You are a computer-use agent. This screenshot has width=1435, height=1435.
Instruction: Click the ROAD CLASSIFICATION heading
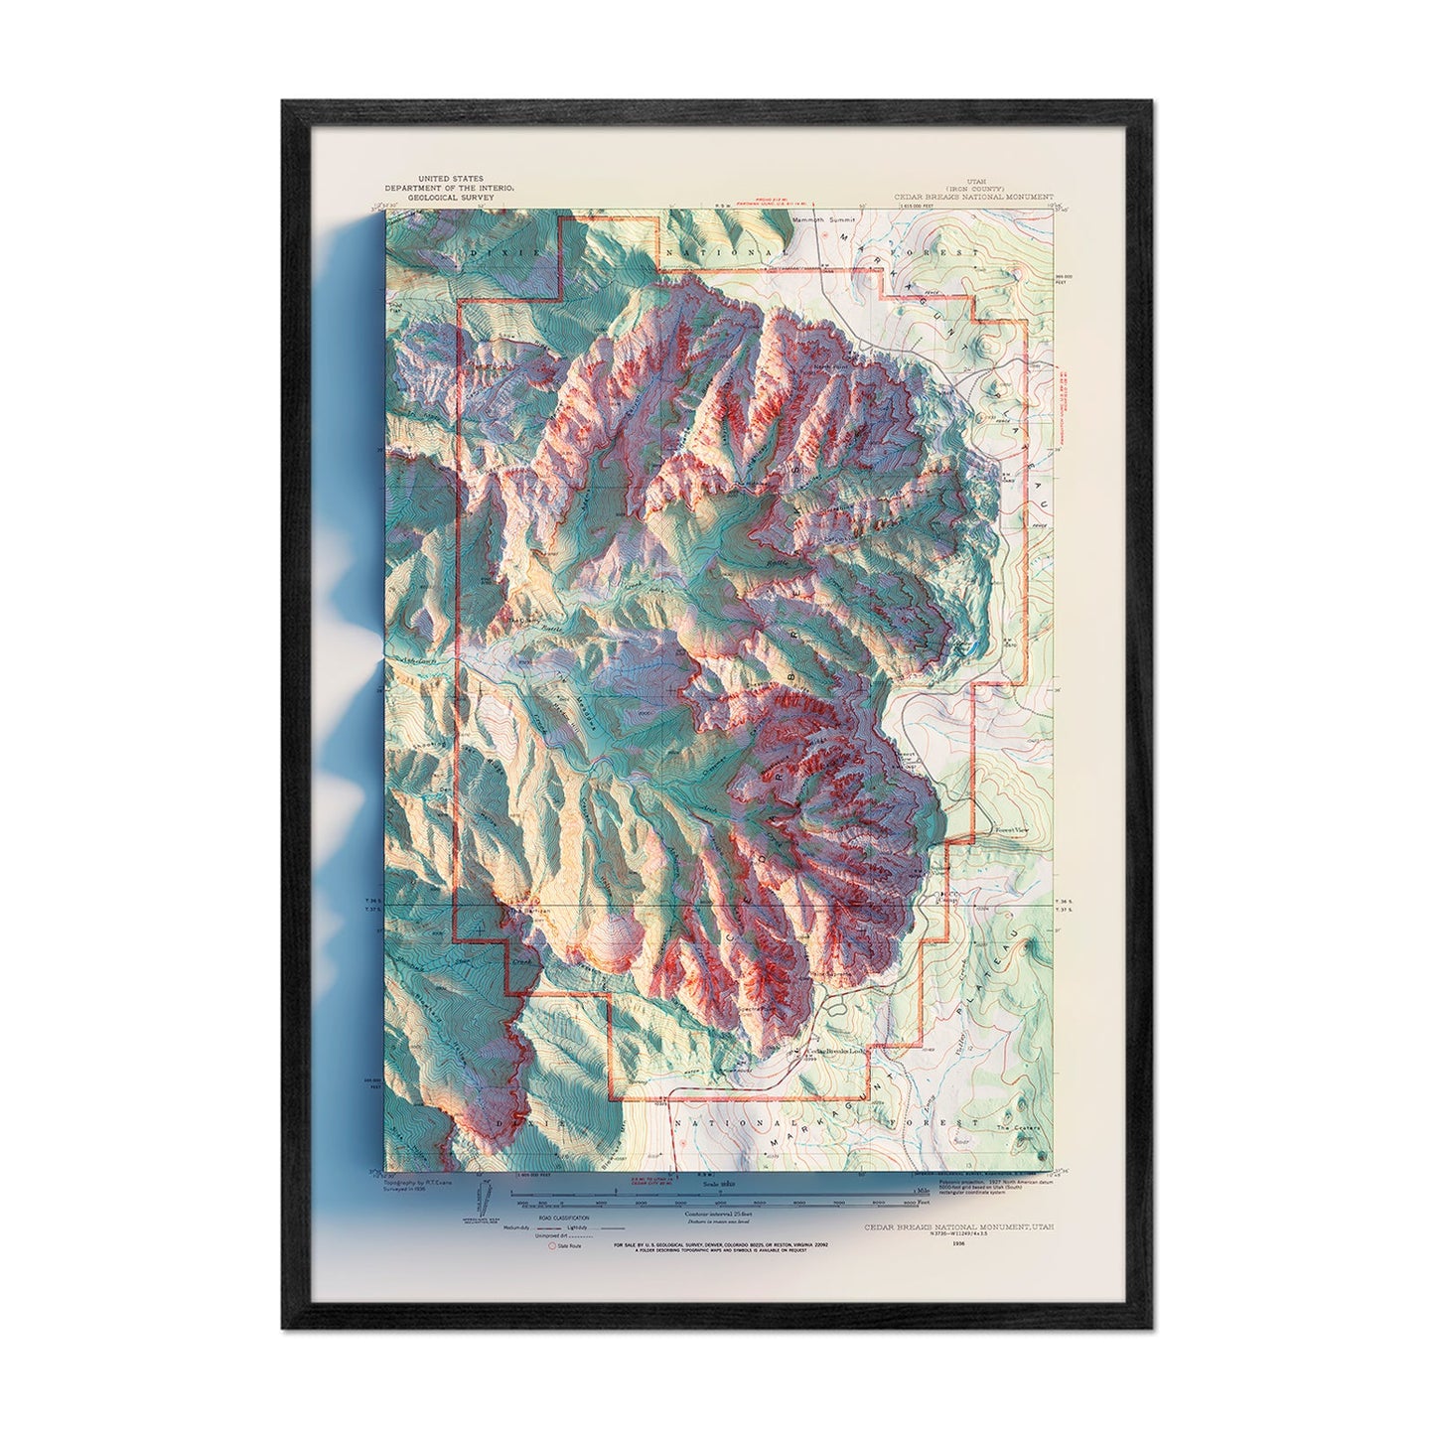[564, 1217]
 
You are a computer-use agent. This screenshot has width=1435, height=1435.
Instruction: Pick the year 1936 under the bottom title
[958, 1242]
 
